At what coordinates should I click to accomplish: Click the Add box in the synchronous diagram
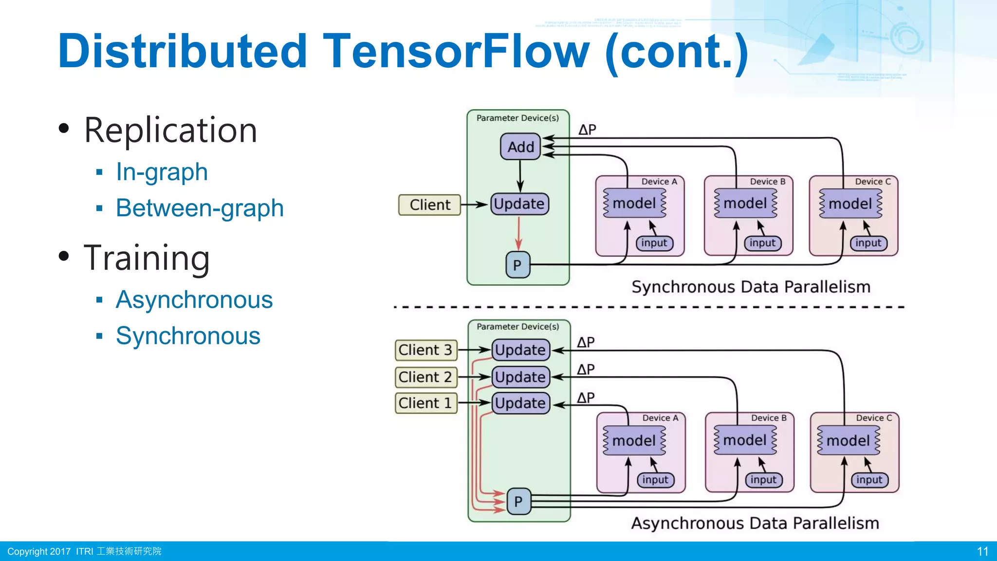pos(520,147)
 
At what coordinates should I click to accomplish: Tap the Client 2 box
pos(426,377)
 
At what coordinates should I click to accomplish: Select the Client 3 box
pos(426,350)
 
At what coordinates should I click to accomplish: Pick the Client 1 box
pos(426,403)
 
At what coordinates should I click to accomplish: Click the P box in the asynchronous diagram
pos(518,501)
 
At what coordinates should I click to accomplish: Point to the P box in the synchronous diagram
pos(517,265)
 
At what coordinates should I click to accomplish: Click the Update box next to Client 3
pos(520,350)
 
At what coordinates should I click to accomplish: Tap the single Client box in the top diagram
pos(430,205)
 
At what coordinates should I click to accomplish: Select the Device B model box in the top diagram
pos(745,203)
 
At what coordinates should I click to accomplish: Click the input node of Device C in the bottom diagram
pos(869,480)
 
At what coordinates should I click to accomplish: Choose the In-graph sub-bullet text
pos(162,172)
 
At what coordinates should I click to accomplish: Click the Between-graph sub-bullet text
pos(200,208)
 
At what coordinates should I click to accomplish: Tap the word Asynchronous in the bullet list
pos(194,299)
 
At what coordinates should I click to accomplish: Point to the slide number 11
pos(982,551)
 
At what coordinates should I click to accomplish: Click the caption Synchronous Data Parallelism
pos(751,287)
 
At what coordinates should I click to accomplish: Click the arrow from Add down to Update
pos(520,175)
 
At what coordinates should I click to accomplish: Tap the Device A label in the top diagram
pos(659,182)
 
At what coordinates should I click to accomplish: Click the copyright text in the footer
pos(84,551)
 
